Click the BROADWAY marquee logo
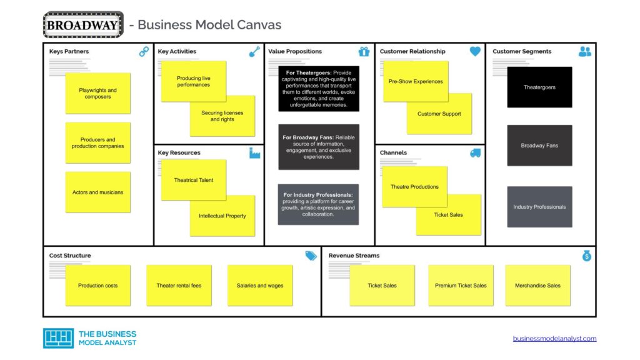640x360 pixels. click(x=83, y=25)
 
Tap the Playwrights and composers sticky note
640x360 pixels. click(x=98, y=93)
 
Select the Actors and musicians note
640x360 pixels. click(x=98, y=192)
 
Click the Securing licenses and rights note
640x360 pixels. click(x=222, y=116)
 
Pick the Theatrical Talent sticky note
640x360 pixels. click(x=194, y=180)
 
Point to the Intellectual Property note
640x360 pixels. click(x=222, y=216)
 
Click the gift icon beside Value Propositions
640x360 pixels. click(x=364, y=51)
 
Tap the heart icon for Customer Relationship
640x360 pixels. click(x=475, y=51)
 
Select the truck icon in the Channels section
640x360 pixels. click(x=475, y=153)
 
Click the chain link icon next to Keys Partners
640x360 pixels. click(x=144, y=51)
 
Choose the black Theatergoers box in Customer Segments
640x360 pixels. click(x=539, y=87)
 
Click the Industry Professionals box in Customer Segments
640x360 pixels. click(x=539, y=207)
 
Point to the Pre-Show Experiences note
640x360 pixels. click(x=416, y=82)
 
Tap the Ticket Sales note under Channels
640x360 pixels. click(x=448, y=215)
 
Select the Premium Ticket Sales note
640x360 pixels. click(x=461, y=286)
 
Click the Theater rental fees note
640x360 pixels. click(x=179, y=286)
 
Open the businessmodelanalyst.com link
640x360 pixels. click(x=555, y=338)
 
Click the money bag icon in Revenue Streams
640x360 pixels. click(x=587, y=256)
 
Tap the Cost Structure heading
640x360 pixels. click(x=70, y=256)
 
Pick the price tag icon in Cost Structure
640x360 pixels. click(x=311, y=256)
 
